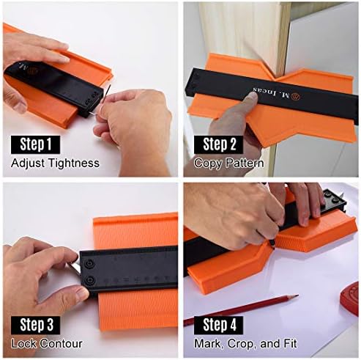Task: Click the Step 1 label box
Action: click(35, 144)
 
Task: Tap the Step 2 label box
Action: click(219, 144)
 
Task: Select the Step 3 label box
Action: click(35, 325)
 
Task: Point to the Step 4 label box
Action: click(219, 325)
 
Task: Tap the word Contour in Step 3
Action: click(62, 343)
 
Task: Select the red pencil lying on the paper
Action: click(241, 310)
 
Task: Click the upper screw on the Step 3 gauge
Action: click(89, 263)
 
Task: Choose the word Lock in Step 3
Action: click(24, 343)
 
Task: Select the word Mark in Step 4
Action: click(209, 344)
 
